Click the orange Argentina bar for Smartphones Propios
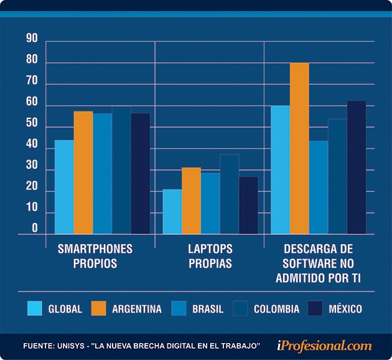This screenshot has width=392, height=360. coord(83,173)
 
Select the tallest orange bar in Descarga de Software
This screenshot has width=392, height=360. coord(299,148)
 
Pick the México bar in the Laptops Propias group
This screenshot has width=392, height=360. coord(248,206)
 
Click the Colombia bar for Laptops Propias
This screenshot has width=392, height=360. coord(229,194)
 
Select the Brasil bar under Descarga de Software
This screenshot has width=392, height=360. coord(318,187)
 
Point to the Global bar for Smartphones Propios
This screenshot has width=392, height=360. coord(63,187)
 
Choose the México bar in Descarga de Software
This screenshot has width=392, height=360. coord(357,168)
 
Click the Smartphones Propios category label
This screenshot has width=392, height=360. coord(95,256)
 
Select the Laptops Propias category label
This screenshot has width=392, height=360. coord(210,256)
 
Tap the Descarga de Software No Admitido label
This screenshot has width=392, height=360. coord(319,263)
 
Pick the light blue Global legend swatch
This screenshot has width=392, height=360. coord(35,308)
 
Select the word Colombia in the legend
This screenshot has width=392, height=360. coord(276,309)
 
